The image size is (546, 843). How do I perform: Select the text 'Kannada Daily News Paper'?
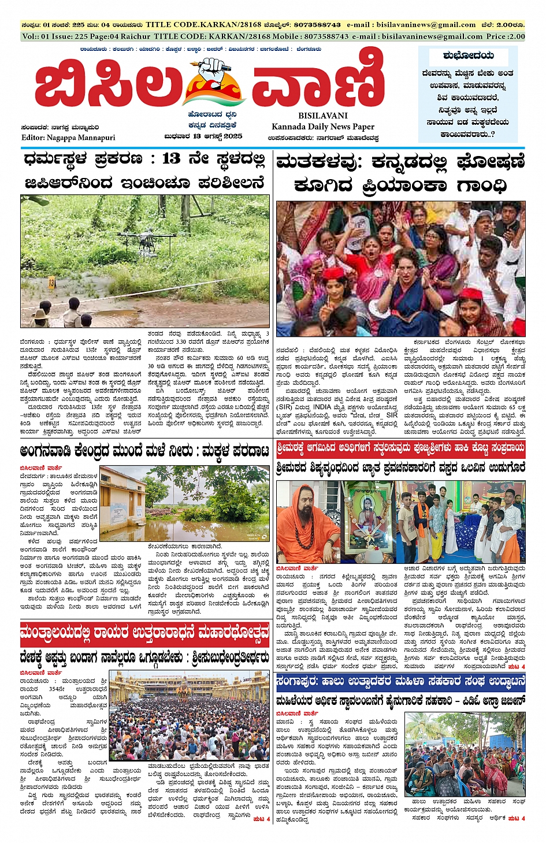(323, 127)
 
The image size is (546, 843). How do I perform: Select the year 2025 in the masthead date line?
(233, 137)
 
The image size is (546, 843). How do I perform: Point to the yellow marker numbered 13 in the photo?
(51, 283)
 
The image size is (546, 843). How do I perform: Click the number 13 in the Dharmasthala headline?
(171, 159)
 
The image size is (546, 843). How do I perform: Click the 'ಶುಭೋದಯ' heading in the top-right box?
(468, 56)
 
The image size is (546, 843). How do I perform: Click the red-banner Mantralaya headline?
(144, 634)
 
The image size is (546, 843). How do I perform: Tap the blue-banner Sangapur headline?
(400, 682)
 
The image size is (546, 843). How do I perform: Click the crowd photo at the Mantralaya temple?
(189, 718)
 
